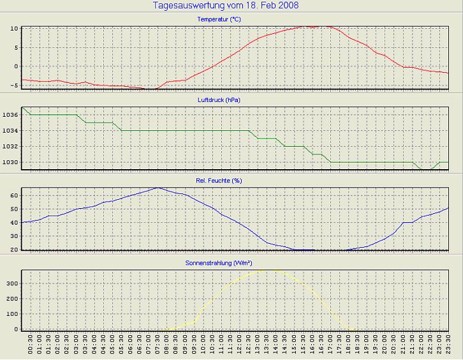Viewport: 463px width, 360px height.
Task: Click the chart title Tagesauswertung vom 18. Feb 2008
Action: pos(226,6)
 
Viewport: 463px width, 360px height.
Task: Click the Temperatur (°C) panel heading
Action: pos(219,19)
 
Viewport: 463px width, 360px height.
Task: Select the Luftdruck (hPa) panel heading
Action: pos(219,100)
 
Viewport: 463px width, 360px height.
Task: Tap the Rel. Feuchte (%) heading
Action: pos(219,181)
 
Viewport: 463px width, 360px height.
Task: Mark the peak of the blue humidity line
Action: pos(158,188)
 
